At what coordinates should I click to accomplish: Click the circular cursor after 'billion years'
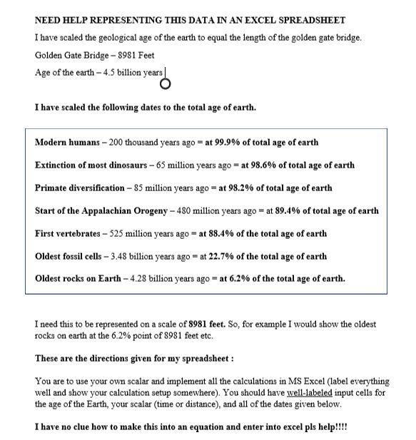point(166,84)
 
